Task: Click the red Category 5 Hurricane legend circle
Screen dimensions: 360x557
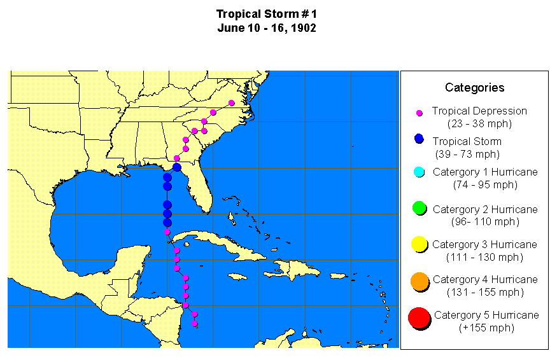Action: (419, 318)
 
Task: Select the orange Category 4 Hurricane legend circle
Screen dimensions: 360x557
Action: (419, 282)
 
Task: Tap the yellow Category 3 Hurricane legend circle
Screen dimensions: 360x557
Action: (419, 244)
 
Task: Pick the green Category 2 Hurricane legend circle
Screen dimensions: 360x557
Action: (419, 209)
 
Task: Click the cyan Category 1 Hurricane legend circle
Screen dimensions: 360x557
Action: (419, 172)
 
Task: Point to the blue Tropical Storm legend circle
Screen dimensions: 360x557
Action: (419, 139)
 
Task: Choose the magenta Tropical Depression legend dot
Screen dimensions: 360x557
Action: (420, 113)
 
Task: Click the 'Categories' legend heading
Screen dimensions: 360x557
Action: (474, 88)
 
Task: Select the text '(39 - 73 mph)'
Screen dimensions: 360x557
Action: (468, 154)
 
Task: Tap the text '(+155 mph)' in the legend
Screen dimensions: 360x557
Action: (486, 328)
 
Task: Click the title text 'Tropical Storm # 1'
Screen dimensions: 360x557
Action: (266, 14)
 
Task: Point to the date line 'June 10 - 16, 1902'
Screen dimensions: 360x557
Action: (266, 28)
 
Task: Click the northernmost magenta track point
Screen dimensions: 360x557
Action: (232, 102)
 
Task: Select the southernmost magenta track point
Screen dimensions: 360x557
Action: (195, 324)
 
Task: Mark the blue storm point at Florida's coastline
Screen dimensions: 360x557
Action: (176, 167)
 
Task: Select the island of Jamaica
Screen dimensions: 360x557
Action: (237, 277)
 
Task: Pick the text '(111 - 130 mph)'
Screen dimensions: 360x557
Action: (486, 257)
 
